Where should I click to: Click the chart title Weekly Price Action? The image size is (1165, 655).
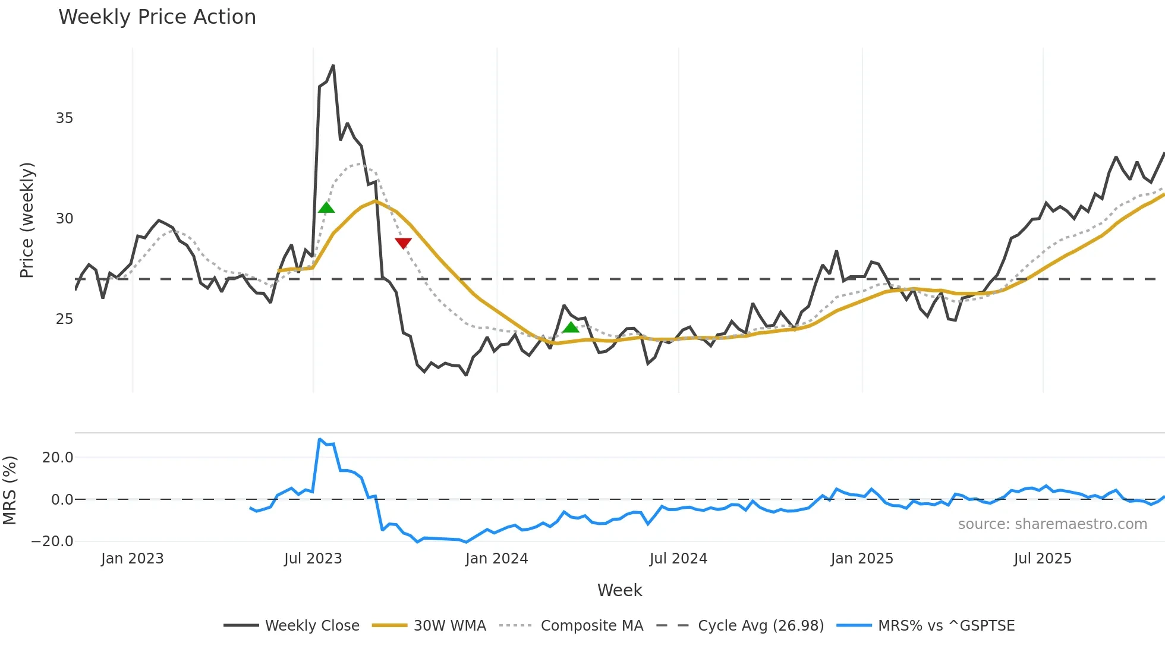point(157,17)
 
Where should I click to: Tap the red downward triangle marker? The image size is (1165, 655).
point(403,243)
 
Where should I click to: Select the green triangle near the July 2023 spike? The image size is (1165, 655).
point(326,207)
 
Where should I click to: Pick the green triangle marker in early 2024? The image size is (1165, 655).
point(571,327)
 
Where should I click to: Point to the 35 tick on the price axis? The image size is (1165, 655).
point(64,118)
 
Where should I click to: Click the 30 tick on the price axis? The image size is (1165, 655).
point(64,219)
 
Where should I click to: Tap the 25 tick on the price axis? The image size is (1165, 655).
point(64,319)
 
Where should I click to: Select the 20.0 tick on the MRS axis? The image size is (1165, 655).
point(58,458)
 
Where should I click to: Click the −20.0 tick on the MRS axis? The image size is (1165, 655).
point(52,541)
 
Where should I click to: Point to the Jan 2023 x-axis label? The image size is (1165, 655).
point(132,559)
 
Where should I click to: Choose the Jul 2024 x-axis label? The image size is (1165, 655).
point(678,559)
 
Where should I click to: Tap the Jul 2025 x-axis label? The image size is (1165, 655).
point(1043,559)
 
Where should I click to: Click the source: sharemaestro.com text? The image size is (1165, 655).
point(1052,524)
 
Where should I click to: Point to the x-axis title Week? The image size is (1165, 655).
point(619,590)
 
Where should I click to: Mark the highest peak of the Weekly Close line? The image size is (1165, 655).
point(333,66)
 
